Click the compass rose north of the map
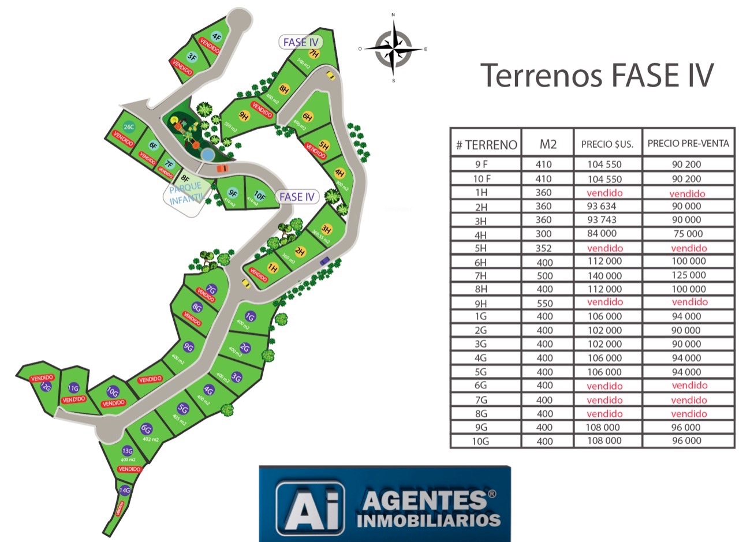pos(393,48)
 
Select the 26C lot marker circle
pos(129,127)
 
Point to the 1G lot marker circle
pos(250,316)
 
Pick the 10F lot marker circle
pos(260,196)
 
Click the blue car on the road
pos(324,260)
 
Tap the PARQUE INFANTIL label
pos(186,193)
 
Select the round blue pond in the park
pos(206,154)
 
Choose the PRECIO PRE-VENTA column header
pos(688,144)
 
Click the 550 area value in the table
pos(544,302)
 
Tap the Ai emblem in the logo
pos(309,507)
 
